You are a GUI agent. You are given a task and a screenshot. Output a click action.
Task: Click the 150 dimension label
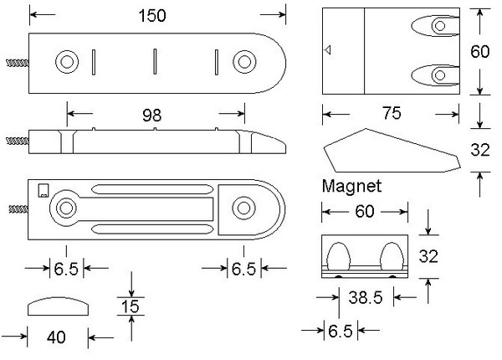click(x=154, y=16)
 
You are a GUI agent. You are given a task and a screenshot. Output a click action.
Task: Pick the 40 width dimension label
click(x=55, y=337)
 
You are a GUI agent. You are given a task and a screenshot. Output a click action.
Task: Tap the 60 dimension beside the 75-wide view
click(x=479, y=52)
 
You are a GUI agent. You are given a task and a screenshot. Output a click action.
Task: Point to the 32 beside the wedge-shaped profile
click(x=479, y=151)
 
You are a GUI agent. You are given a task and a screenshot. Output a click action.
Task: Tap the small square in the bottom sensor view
click(x=43, y=189)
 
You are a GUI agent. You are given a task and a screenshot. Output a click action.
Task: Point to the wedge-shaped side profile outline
click(x=389, y=151)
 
